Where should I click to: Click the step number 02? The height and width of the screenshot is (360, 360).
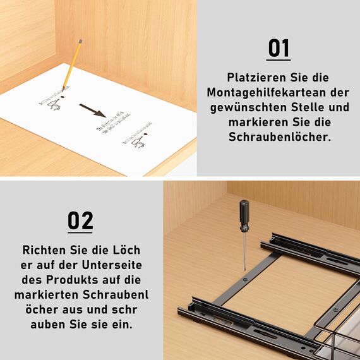(x=80, y=220)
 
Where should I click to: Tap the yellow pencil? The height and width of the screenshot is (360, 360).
(x=72, y=64)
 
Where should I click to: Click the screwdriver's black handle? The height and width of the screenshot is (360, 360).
(x=243, y=215)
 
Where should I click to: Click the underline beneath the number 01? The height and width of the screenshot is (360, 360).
(x=279, y=60)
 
